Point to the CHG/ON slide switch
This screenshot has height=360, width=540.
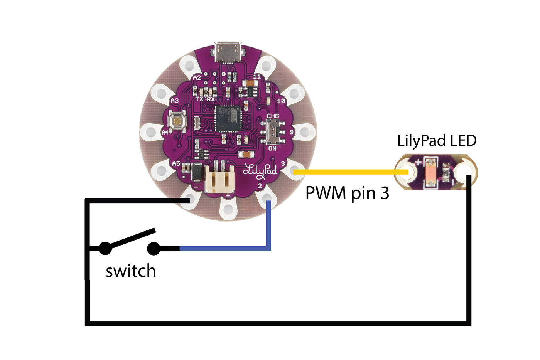(274, 132)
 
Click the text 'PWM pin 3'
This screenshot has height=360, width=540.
(347, 193)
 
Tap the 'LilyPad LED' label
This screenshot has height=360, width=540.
(437, 141)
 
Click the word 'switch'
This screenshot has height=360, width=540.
(131, 271)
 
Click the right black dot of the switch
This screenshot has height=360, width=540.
(154, 249)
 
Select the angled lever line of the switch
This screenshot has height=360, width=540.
(131, 239)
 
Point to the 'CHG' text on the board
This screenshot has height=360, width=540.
(273, 116)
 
